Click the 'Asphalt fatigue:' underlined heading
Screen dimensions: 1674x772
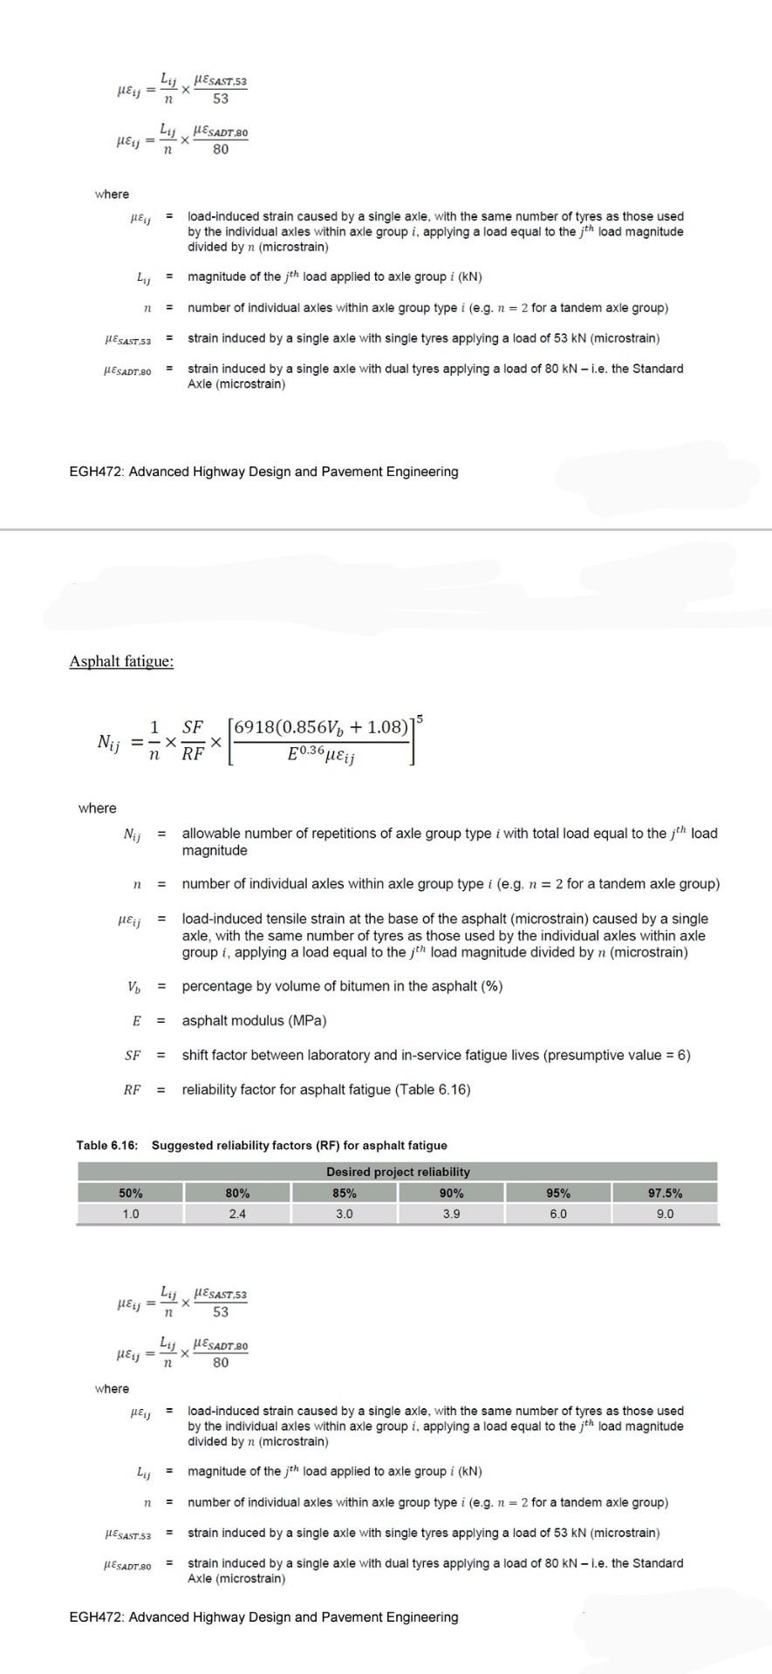[121, 661]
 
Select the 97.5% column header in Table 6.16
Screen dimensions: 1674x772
[665, 1194]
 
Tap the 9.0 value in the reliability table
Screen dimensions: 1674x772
[665, 1214]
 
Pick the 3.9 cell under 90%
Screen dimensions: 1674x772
[451, 1214]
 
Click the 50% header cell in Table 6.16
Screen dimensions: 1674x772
[131, 1194]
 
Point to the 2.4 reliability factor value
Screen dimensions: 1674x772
[237, 1214]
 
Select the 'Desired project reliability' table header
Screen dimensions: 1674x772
[398, 1172]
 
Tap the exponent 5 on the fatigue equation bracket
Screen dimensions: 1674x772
[420, 718]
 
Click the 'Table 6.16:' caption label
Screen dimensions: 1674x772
[107, 1146]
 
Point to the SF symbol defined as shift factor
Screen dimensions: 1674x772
[133, 1055]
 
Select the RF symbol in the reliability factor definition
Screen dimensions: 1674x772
[133, 1090]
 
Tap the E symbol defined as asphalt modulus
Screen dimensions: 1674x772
[136, 1021]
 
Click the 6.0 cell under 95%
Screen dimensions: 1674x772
[558, 1214]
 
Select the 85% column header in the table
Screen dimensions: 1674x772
[344, 1194]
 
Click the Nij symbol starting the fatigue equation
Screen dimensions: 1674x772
[109, 743]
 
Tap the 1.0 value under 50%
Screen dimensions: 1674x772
[131, 1214]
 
